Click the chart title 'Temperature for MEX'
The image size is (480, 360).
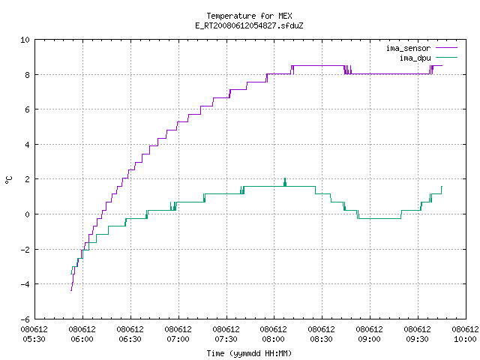tap(249, 16)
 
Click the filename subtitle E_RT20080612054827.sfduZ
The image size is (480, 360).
tap(249, 25)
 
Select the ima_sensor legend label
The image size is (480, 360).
tap(408, 48)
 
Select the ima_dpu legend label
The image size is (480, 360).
tap(415, 58)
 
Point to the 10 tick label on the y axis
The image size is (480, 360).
tap(25, 40)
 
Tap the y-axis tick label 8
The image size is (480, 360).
tap(27, 75)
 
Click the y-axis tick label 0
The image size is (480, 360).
tap(27, 214)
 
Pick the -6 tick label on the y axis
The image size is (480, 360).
tap(25, 319)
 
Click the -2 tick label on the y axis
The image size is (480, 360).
tap(25, 250)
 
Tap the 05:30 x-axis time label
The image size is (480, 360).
tap(34, 339)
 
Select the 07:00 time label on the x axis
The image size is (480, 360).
tap(178, 339)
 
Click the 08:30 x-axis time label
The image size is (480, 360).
tap(321, 339)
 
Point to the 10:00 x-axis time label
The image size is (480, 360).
tap(465, 339)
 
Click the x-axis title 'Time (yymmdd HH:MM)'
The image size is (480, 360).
tap(249, 353)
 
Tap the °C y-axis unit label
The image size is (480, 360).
tap(9, 180)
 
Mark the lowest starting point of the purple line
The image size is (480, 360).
tap(71, 290)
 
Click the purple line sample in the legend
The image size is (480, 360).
tap(447, 48)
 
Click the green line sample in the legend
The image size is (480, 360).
tap(447, 58)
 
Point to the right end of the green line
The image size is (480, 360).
tap(442, 187)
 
